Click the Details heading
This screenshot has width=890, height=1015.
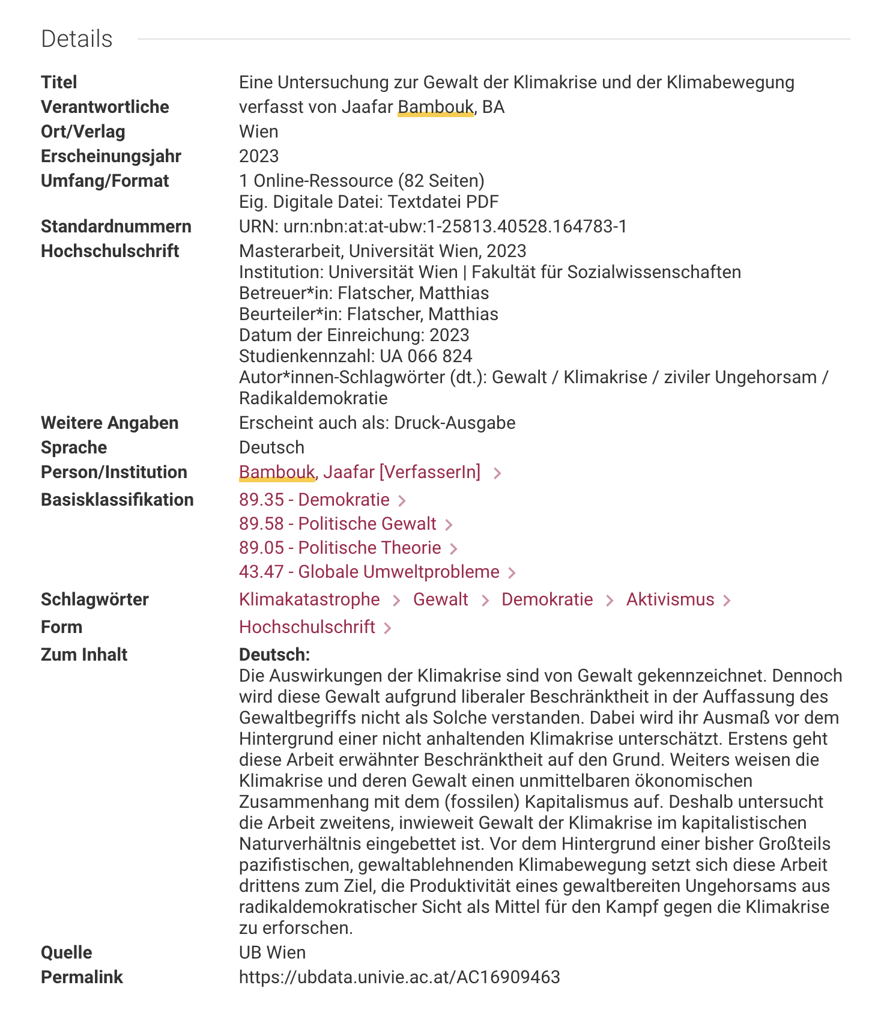point(76,39)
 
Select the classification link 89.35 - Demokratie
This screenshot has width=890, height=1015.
point(314,500)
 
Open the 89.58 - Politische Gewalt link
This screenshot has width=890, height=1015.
point(338,524)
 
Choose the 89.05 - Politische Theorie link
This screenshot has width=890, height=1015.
point(340,548)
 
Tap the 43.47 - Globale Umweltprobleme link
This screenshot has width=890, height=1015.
point(369,572)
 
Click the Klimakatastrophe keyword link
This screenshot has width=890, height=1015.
point(309,599)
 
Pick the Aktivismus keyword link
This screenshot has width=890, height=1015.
point(670,599)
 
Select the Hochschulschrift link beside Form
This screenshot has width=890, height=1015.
point(307,627)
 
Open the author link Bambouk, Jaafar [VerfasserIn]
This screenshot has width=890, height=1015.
point(360,472)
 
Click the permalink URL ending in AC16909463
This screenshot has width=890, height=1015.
point(399,977)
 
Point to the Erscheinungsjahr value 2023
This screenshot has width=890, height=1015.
point(259,156)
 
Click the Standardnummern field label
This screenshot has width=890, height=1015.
point(116,226)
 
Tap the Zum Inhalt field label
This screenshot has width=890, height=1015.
point(84,655)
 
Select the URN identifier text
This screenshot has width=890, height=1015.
point(433,226)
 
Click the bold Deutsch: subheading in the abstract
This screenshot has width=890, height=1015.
point(274,655)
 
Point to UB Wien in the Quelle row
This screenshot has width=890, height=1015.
point(272,953)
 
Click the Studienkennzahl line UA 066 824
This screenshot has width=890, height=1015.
point(356,356)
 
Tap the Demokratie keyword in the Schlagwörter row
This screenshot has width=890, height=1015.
point(547,599)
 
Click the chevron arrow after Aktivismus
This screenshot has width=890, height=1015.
point(727,601)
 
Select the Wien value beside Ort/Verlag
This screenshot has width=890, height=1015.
point(259,132)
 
